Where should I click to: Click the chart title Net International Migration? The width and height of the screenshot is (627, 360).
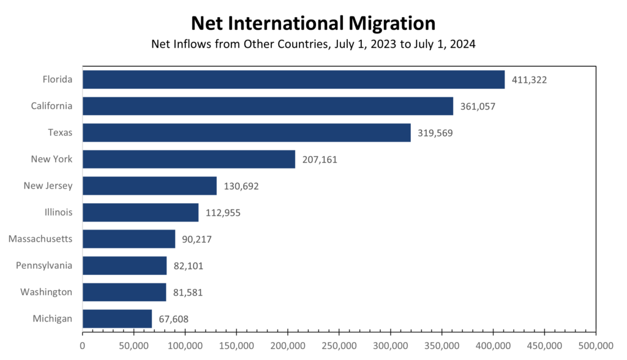click(313, 23)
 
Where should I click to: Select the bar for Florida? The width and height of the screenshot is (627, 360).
click(293, 80)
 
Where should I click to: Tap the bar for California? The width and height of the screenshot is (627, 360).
click(268, 106)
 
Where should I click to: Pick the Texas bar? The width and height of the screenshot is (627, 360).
click(246, 133)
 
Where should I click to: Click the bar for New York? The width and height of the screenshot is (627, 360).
click(189, 159)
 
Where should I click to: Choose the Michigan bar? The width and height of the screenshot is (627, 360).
click(117, 318)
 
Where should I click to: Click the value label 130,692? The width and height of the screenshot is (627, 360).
click(241, 186)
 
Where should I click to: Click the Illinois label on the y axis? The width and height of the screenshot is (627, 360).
click(58, 212)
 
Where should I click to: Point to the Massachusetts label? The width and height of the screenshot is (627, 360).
click(40, 239)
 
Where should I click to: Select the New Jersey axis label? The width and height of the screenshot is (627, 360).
click(48, 186)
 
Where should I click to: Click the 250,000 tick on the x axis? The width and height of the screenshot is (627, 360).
click(339, 346)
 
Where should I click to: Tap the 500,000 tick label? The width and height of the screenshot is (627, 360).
click(595, 346)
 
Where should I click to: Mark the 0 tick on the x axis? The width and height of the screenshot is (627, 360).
click(83, 346)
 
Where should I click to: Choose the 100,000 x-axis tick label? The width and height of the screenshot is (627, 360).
click(185, 346)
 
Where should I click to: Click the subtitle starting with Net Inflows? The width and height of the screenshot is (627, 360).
click(313, 45)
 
